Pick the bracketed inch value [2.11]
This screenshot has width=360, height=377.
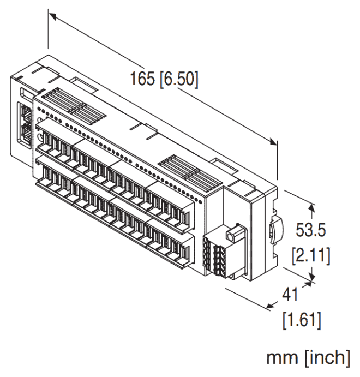point(311,254)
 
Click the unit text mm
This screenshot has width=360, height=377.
point(281,358)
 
